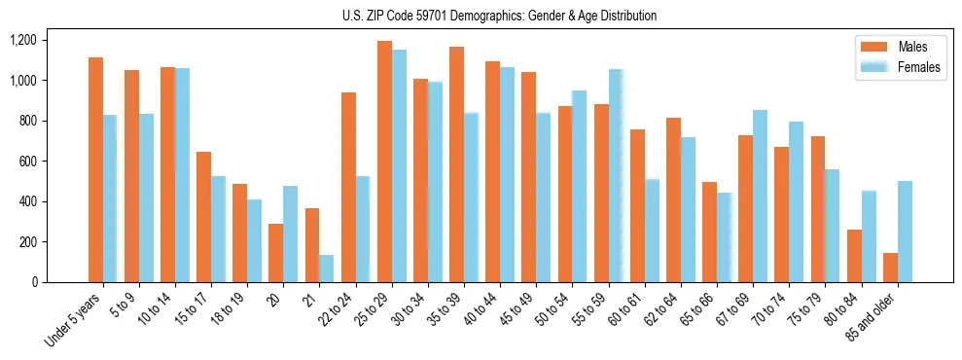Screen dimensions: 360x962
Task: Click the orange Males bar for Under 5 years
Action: [x=95, y=170]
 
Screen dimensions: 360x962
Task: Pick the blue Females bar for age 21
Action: [x=326, y=269]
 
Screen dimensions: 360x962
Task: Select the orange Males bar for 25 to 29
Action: [x=384, y=162]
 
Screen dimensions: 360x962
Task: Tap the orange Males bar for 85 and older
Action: [x=890, y=268]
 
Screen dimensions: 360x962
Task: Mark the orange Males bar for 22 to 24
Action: [x=348, y=187]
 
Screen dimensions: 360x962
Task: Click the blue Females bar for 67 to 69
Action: [x=760, y=196]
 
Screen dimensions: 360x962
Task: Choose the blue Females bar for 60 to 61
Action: [x=652, y=231]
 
